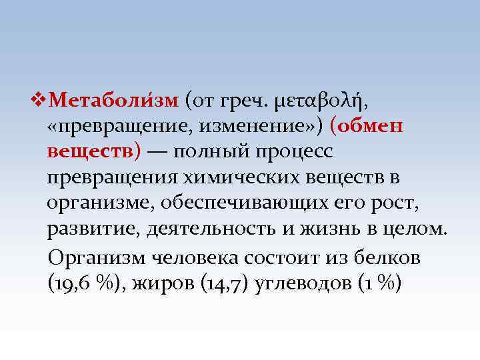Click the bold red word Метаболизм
114,101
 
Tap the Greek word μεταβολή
319,101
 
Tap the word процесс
293,153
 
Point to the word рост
394,203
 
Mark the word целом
419,229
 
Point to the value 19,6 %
83,282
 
